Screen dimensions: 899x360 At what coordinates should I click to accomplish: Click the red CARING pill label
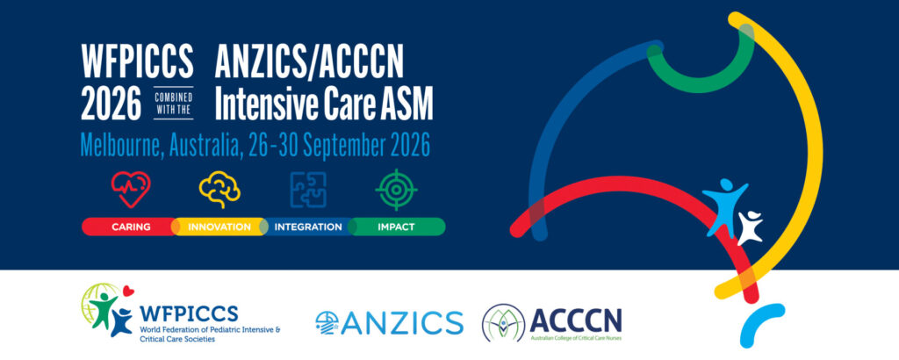pos(131,227)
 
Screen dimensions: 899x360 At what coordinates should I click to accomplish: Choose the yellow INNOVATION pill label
pos(219,227)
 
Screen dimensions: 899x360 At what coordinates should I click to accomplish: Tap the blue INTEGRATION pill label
pos(308,227)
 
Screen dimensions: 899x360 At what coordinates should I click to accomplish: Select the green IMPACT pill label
pos(396,227)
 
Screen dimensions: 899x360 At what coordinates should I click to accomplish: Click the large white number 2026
pos(111,104)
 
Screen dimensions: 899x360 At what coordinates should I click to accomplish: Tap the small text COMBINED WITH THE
pos(173,103)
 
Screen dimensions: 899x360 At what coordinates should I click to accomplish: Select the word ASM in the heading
pos(406,104)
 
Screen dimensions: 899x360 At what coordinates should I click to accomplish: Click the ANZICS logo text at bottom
pos(405,321)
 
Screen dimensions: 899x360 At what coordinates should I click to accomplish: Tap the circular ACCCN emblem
pos(503,323)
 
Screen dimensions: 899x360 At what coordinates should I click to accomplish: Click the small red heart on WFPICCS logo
pos(128,291)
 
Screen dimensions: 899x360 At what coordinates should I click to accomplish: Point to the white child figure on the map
pos(750,227)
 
